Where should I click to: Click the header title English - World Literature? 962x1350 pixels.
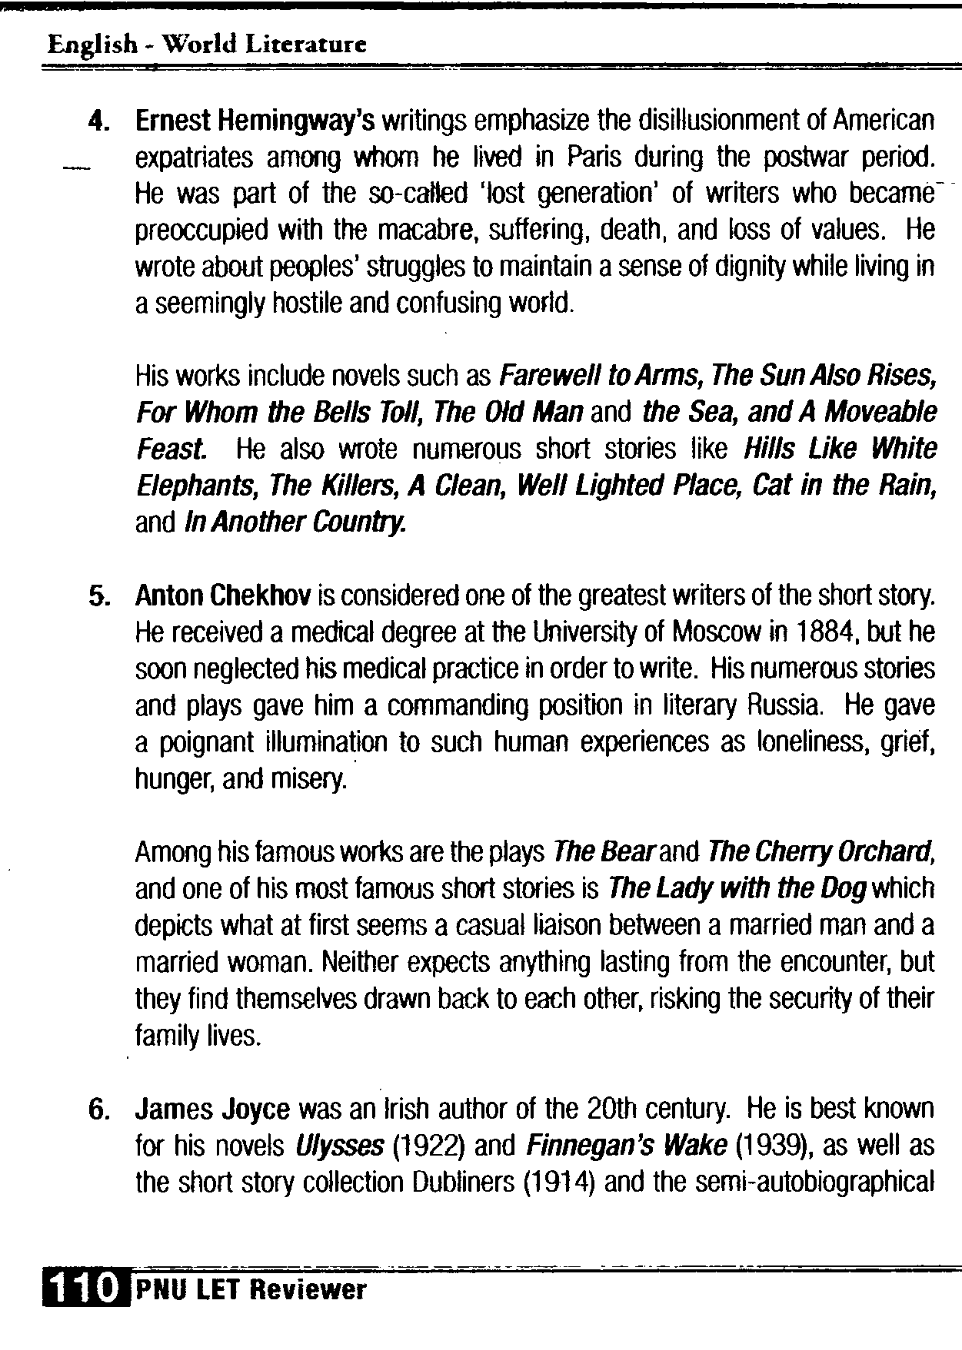coord(206,45)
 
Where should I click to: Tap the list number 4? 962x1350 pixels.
coord(98,122)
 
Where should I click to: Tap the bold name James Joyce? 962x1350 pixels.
coord(212,1110)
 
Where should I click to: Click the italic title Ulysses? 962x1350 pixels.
coord(338,1146)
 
